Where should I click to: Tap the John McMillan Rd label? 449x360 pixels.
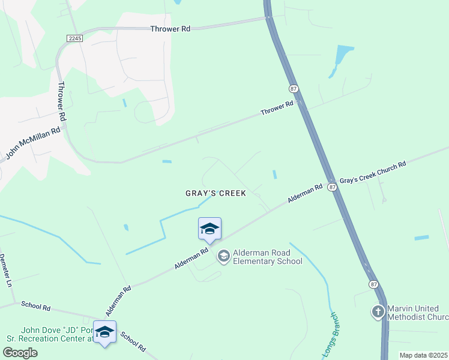tap(33, 142)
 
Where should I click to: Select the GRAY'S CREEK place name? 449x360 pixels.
tap(215, 193)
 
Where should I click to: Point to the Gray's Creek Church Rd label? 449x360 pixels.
tap(373, 172)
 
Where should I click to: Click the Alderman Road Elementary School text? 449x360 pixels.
tap(267, 257)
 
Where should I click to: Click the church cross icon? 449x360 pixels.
tap(378, 312)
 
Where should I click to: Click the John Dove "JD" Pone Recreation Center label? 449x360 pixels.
tap(57, 334)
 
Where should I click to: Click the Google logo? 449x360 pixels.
tap(19, 352)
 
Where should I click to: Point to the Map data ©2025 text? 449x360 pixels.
tap(423, 355)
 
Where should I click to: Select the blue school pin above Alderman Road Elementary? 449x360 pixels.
tap(209, 229)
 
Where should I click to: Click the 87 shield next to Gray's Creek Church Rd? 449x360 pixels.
tap(333, 187)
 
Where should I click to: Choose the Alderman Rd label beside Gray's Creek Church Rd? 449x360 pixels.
tap(304, 193)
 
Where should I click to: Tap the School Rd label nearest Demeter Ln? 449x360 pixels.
tap(36, 306)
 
